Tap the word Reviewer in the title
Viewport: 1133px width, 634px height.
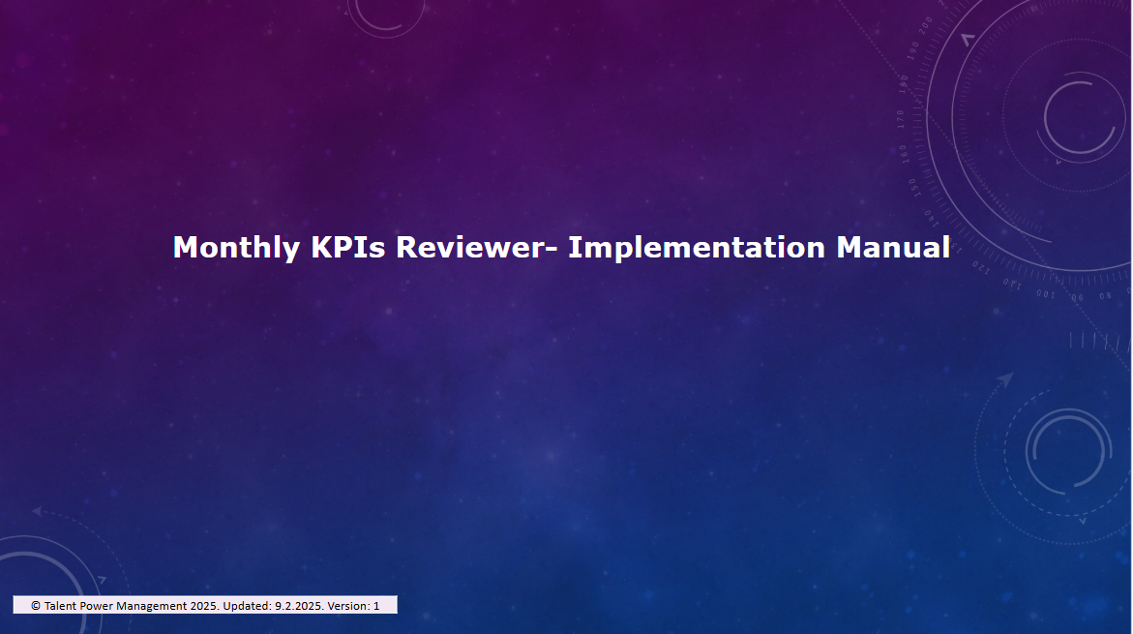[469, 247]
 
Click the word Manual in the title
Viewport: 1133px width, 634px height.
[893, 247]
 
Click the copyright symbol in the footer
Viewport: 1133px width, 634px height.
[36, 606]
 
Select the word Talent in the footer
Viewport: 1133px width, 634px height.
[60, 606]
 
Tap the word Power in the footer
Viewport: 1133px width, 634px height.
[96, 606]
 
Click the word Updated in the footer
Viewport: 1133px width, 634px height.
[247, 607]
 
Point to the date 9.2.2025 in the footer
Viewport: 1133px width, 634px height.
[299, 606]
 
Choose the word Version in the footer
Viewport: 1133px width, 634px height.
[348, 606]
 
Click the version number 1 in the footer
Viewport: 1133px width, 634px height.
[376, 606]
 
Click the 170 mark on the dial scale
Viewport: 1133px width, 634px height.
[901, 118]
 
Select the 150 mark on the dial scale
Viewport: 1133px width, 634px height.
[913, 187]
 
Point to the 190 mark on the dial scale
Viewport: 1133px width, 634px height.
[913, 50]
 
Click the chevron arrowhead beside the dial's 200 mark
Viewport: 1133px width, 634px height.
[969, 39]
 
